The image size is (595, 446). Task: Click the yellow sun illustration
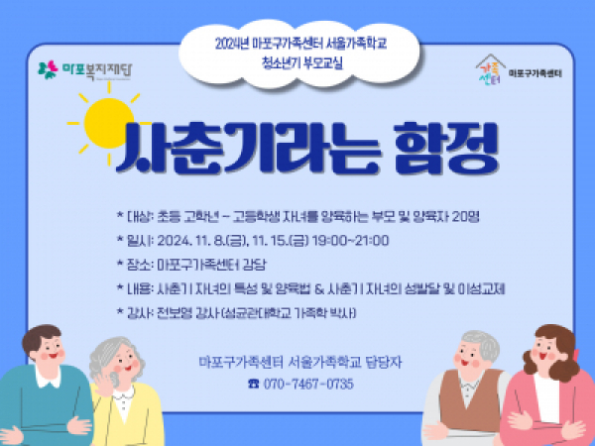click(108, 123)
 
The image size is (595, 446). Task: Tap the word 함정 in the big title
click(445, 148)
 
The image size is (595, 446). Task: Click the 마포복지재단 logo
click(85, 70)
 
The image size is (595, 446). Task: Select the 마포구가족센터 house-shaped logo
click(490, 69)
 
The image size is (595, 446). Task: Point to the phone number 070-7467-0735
click(308, 384)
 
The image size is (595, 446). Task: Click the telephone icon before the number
click(254, 384)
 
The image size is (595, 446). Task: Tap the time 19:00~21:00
click(350, 241)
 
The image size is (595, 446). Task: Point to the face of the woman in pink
click(546, 352)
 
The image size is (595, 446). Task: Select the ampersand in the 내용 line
click(320, 289)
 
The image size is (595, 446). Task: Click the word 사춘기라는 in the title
click(248, 148)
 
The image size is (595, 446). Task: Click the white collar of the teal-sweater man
click(48, 379)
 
